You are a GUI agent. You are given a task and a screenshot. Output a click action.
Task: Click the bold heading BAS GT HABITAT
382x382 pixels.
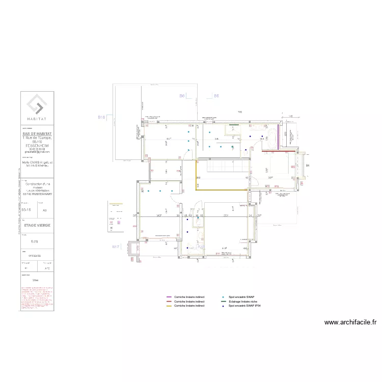click(37, 133)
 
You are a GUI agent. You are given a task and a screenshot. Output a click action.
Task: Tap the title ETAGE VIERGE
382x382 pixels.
click(37, 223)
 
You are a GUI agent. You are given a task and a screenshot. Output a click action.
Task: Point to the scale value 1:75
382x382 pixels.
click(34, 241)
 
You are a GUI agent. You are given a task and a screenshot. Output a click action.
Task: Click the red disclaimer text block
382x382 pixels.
click(36, 298)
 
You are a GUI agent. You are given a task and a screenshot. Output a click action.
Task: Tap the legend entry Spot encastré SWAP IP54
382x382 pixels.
click(245, 306)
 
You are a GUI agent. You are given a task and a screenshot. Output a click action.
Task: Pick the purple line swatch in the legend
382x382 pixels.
click(169, 296)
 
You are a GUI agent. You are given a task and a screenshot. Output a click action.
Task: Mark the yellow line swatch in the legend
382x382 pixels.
click(169, 306)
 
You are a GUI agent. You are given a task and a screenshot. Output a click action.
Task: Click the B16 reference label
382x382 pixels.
click(101, 117)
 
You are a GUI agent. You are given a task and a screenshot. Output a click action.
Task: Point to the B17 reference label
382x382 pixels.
click(116, 247)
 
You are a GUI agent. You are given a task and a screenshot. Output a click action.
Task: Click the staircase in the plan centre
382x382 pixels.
click(224, 167)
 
